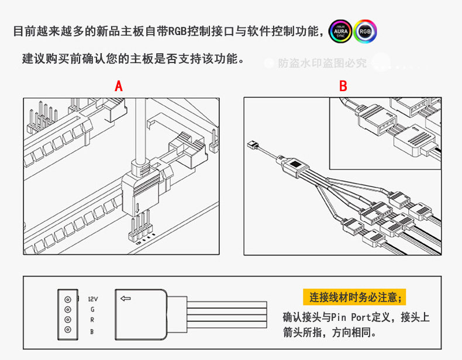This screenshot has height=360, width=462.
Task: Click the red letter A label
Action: [119, 86]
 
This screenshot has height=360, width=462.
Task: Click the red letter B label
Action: [343, 86]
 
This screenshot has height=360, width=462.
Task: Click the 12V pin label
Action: [92, 298]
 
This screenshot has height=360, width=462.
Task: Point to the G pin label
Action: [92, 309]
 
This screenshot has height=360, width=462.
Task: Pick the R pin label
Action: [92, 320]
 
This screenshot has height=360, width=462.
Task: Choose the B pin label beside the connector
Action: [92, 331]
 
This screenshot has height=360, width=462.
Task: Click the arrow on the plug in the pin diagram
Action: [126, 299]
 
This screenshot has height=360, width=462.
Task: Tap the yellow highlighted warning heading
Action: [356, 297]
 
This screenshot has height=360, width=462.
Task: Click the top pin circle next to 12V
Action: [67, 298]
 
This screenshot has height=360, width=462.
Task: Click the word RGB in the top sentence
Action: [178, 31]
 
